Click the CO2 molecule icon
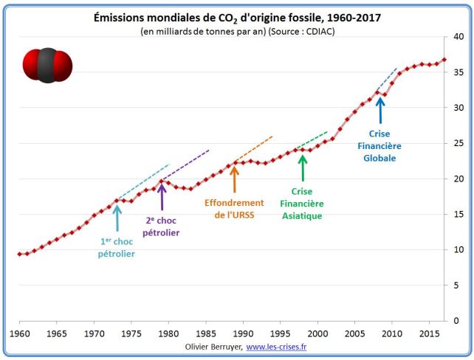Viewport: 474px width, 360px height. coord(47,63)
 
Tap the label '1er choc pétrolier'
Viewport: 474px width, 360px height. coord(116,247)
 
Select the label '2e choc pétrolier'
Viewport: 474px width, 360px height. coord(161,226)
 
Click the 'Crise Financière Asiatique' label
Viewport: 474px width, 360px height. coord(301,203)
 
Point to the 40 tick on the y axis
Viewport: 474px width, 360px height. coord(458,37)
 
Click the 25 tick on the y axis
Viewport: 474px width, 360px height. coord(458,143)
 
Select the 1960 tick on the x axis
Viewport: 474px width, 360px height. coord(20,333)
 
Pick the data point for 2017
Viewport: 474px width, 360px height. coord(444,60)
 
